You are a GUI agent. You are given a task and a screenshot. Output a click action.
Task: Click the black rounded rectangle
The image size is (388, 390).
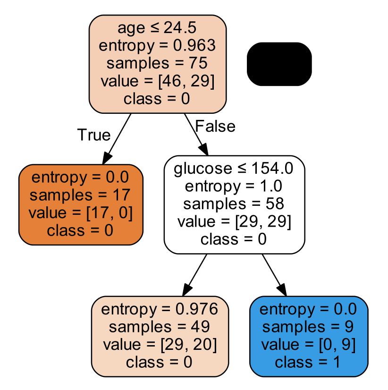(x=279, y=64)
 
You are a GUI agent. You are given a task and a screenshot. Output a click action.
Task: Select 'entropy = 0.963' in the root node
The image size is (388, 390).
(x=158, y=45)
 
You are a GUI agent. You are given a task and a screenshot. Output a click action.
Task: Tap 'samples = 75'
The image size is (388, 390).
(x=158, y=63)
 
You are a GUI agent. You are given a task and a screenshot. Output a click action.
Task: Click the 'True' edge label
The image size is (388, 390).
(x=93, y=135)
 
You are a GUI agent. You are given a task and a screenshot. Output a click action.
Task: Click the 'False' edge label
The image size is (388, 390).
(x=215, y=126)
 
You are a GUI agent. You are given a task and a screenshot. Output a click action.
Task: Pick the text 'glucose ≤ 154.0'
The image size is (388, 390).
(x=234, y=168)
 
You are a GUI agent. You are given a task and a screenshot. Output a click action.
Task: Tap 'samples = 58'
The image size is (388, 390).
(x=234, y=203)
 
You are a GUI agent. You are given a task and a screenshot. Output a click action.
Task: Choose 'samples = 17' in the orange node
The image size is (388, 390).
(x=80, y=195)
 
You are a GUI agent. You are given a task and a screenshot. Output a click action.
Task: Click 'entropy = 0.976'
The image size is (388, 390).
(x=160, y=309)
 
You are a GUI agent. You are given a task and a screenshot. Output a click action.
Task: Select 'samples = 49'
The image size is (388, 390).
(x=160, y=327)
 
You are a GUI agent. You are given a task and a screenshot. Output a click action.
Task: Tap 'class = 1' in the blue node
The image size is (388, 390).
(x=308, y=362)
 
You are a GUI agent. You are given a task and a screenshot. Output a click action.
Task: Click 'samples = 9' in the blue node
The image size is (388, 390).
(x=308, y=327)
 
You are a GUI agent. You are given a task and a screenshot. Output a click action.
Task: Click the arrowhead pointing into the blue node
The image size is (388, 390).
(x=282, y=290)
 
